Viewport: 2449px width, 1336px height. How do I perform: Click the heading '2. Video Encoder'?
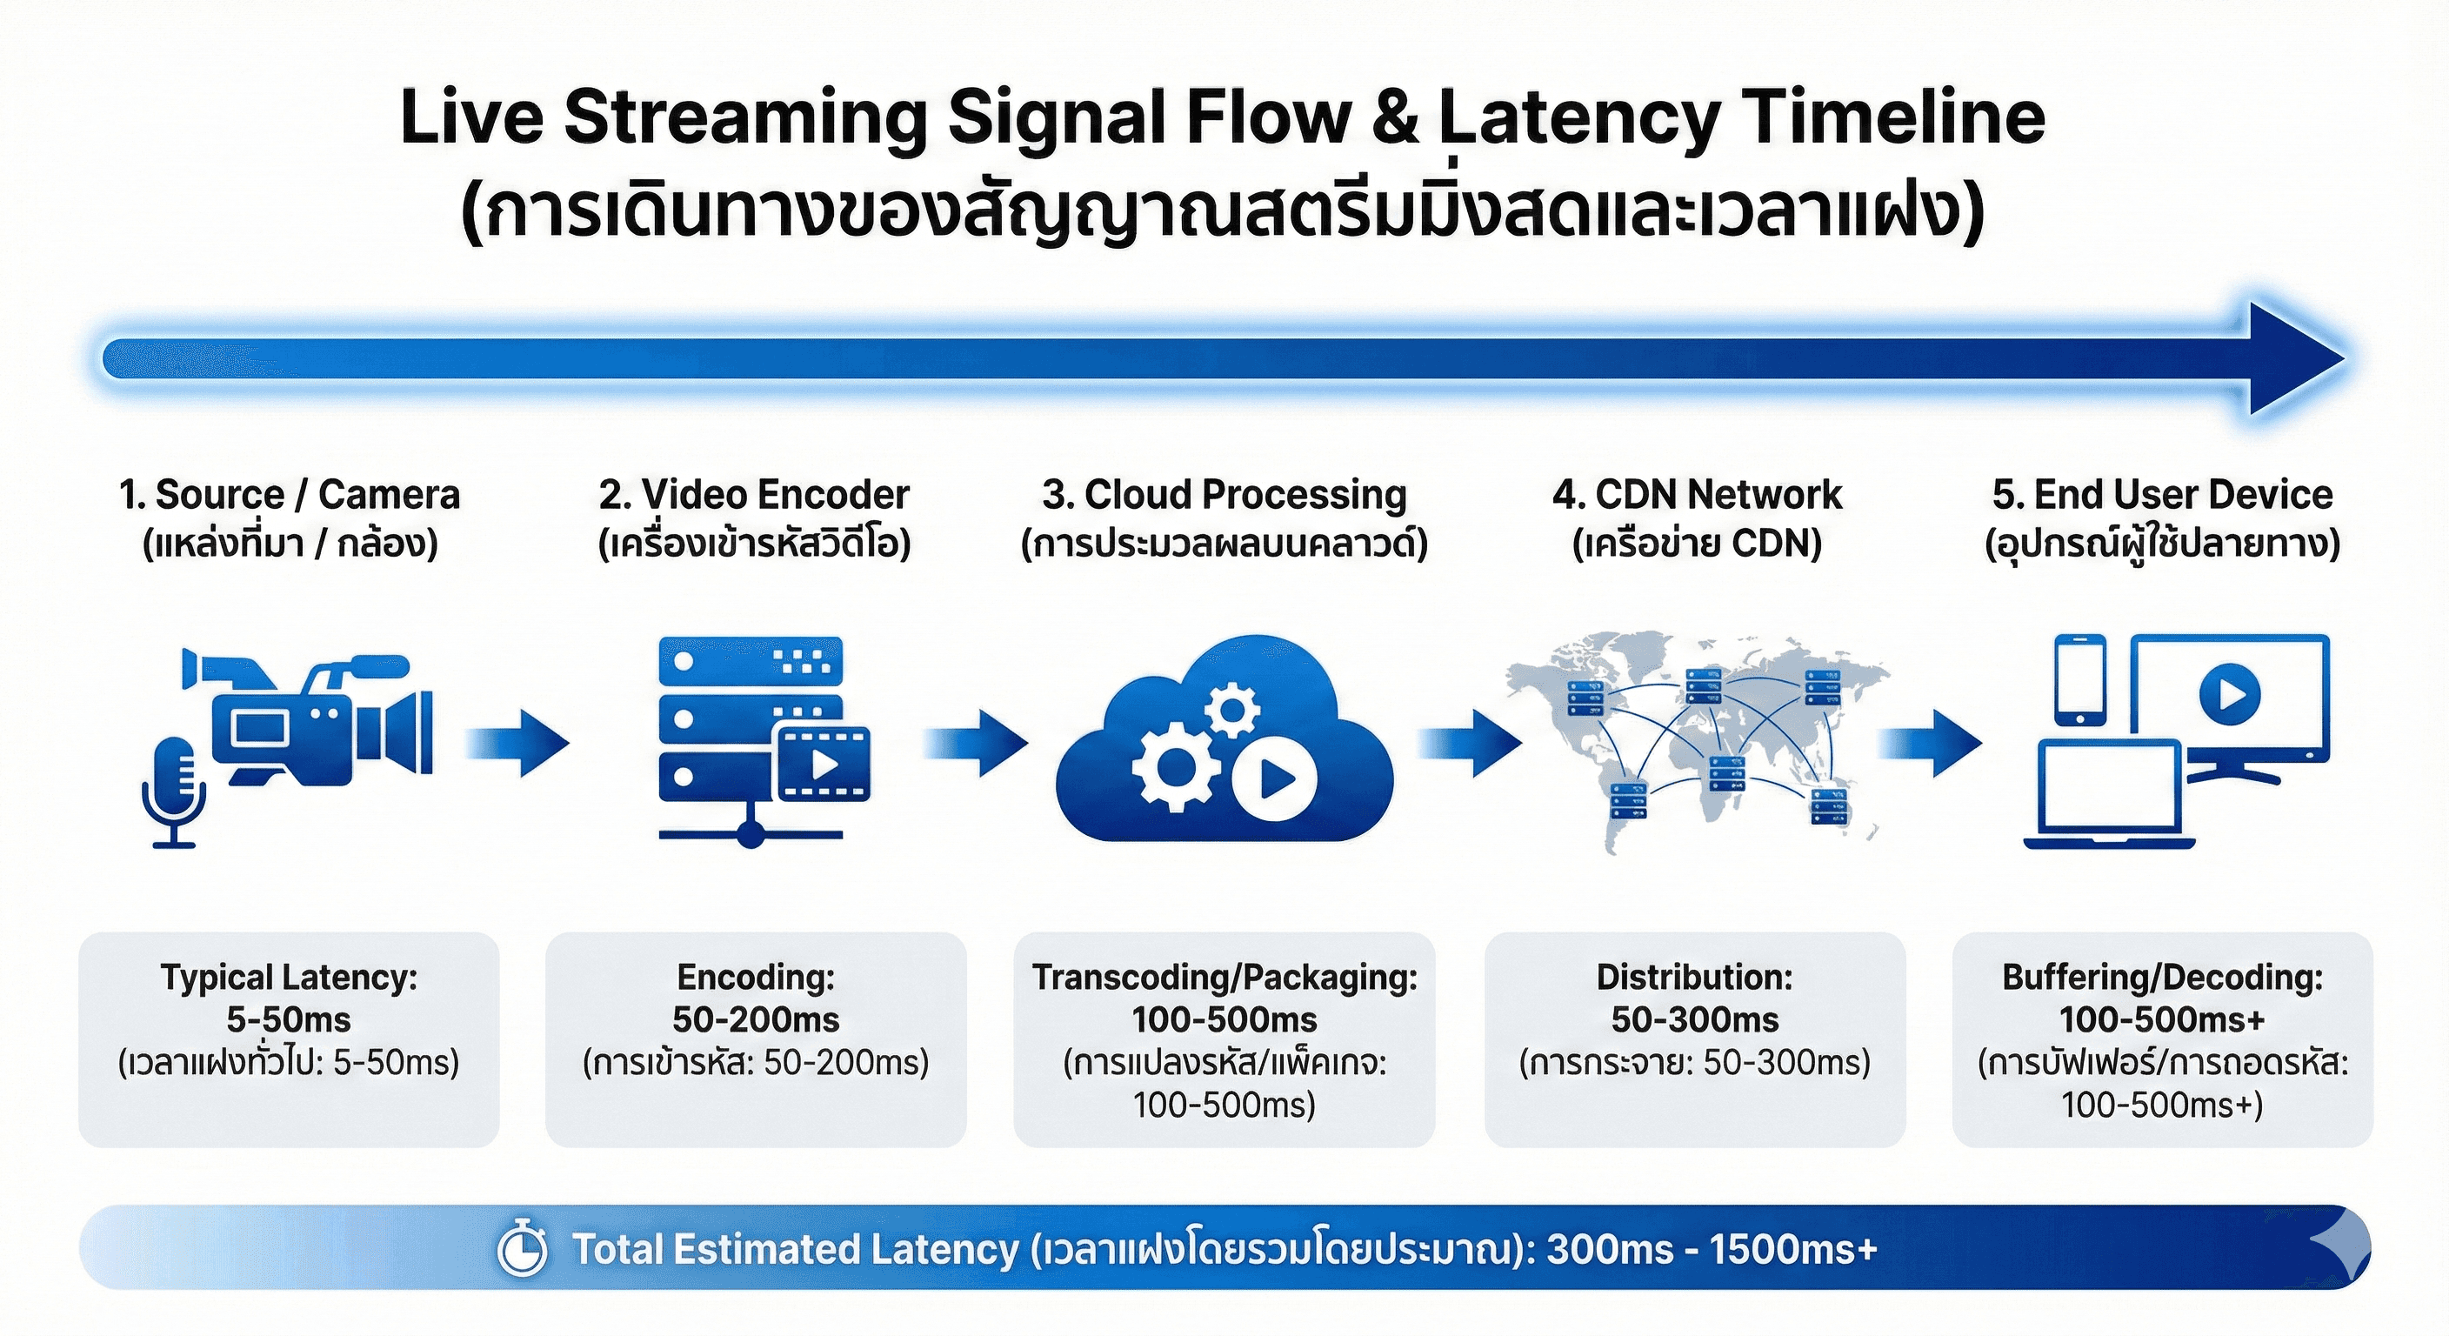(754, 494)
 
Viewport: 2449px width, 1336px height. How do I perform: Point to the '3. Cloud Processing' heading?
(1224, 494)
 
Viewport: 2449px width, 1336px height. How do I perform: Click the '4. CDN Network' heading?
(1697, 494)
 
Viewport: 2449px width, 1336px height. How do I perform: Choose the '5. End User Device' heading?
(2163, 494)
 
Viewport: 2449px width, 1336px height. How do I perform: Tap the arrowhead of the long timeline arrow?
(2292, 359)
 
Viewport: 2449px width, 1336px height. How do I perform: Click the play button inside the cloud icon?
(1275, 779)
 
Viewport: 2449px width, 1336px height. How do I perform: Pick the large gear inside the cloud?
(1175, 766)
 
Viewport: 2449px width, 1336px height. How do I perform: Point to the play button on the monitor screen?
(2229, 694)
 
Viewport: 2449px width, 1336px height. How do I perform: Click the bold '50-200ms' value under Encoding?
(756, 1019)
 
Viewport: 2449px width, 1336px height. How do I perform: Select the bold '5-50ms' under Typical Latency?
(288, 1019)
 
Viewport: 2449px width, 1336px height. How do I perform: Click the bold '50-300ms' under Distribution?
(1695, 1019)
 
